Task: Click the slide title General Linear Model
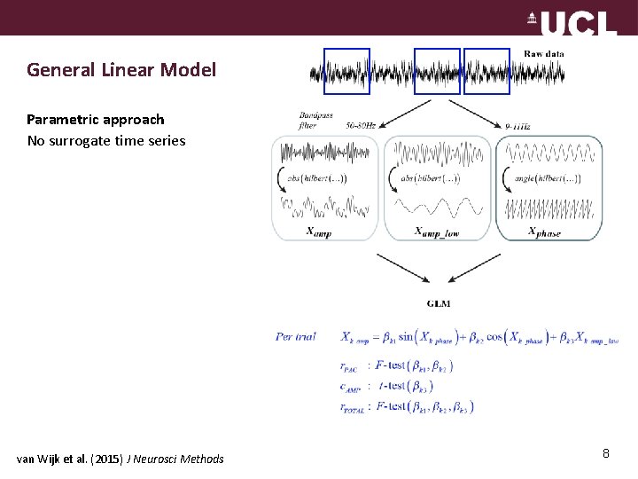click(x=121, y=69)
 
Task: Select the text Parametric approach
click(x=96, y=119)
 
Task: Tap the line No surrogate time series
click(x=106, y=140)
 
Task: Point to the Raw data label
click(x=543, y=54)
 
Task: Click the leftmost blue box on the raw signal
click(x=346, y=71)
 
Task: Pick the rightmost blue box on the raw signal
click(x=486, y=71)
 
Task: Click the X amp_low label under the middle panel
click(x=437, y=232)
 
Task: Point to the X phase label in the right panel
click(x=544, y=232)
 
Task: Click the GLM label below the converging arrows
click(x=438, y=303)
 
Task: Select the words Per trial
click(x=296, y=337)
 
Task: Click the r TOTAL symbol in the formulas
click(x=354, y=407)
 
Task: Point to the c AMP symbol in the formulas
click(x=350, y=386)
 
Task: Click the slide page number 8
click(x=606, y=454)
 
